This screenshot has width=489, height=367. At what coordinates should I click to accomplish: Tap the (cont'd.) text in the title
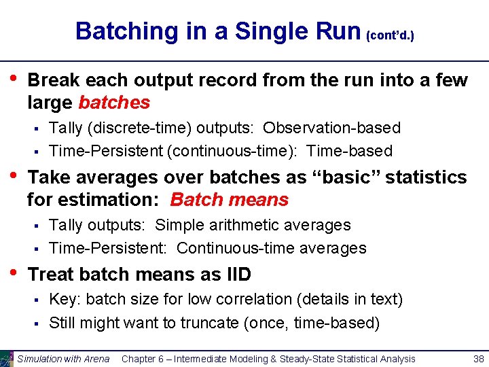pos(390,35)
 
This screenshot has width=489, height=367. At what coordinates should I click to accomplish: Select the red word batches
pos(114,103)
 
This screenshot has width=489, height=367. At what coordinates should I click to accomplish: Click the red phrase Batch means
pos(229,200)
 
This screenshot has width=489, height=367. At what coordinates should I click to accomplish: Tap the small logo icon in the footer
pos(7,358)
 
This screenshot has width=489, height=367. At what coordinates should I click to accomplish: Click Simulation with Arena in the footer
pos(63,359)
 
